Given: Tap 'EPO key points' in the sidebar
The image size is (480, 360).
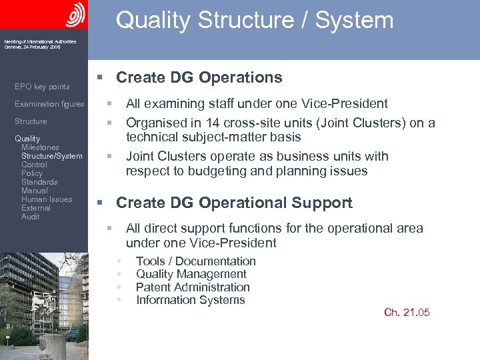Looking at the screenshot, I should point(42,87).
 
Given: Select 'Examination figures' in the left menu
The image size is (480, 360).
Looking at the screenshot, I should point(49,104).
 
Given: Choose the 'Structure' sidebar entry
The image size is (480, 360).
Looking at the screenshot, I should point(31,121).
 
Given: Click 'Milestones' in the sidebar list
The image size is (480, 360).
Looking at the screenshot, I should point(40,147).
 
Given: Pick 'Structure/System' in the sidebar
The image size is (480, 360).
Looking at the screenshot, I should point(52,156).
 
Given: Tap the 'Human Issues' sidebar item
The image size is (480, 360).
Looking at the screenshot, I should point(47,199).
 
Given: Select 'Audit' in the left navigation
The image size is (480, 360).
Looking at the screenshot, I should point(30,217).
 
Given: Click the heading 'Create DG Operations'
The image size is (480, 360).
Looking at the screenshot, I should point(199,77).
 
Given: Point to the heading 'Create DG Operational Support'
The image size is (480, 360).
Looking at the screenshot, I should point(234,203).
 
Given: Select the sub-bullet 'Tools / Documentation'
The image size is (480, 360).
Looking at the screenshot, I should point(195,261).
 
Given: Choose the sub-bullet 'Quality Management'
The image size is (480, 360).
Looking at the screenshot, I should point(191,274).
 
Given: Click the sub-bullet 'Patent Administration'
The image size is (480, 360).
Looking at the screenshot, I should point(193,287).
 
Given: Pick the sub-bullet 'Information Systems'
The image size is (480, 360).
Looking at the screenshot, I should point(190,300).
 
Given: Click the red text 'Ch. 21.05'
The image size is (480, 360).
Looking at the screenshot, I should point(407,313).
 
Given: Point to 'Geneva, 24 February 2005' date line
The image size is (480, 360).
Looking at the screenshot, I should point(32,47).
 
